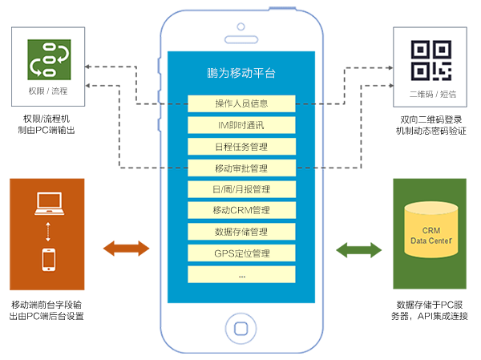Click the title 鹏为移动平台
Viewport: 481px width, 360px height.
241,73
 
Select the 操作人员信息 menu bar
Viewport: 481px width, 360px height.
241,103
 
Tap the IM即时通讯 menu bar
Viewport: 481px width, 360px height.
241,125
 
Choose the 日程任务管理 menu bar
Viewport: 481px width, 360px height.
241,147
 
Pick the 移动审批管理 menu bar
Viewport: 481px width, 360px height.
241,168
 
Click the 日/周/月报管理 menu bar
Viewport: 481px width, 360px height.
241,190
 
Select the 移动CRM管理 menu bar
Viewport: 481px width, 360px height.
241,211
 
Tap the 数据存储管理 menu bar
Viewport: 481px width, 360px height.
241,233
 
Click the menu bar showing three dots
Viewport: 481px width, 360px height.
241,275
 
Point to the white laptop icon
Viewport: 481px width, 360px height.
48,204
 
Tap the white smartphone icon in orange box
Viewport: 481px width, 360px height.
49,261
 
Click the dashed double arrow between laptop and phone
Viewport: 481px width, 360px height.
48,233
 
